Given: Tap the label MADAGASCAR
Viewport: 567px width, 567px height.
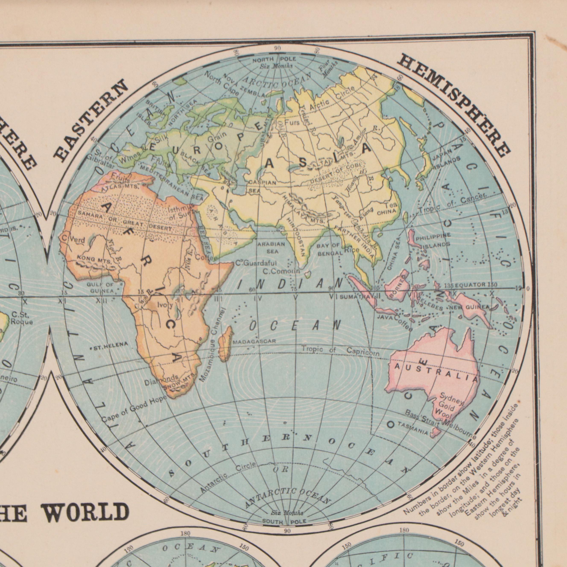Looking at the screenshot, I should pyautogui.click(x=254, y=342).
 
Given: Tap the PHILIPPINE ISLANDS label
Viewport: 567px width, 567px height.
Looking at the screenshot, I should pyautogui.click(x=432, y=240).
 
